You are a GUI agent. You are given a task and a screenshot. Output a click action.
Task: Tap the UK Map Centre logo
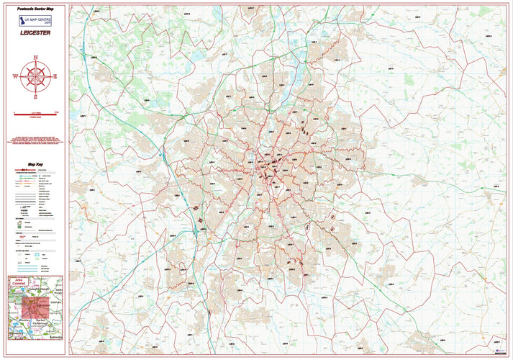(35, 21)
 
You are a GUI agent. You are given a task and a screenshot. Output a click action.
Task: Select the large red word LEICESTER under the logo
(35, 32)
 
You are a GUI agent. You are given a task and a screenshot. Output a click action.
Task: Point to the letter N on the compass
(35, 57)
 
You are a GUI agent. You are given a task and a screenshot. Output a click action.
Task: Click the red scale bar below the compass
(35, 113)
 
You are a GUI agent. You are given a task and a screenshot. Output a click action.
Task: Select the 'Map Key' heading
(35, 164)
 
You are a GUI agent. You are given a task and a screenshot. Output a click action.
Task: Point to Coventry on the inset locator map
(16, 333)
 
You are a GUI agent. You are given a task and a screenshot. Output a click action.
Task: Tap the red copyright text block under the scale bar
(35, 140)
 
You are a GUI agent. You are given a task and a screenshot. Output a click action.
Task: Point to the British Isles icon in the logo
(23, 21)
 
